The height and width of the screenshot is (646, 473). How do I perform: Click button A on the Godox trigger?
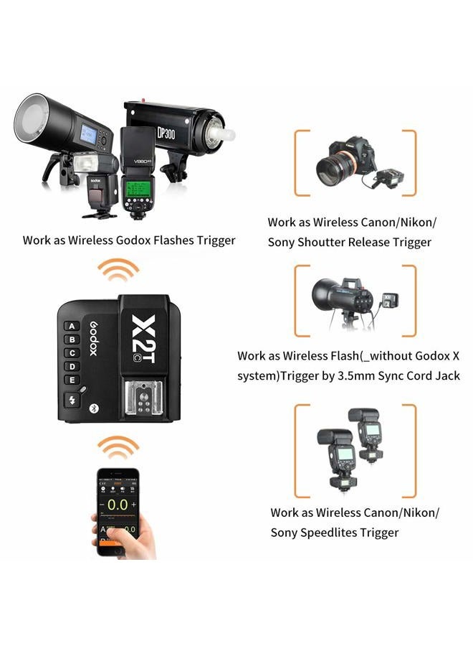click(72, 325)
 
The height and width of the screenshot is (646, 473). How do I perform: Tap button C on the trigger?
click(72, 352)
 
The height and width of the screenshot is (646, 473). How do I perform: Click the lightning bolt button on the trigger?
click(72, 400)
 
